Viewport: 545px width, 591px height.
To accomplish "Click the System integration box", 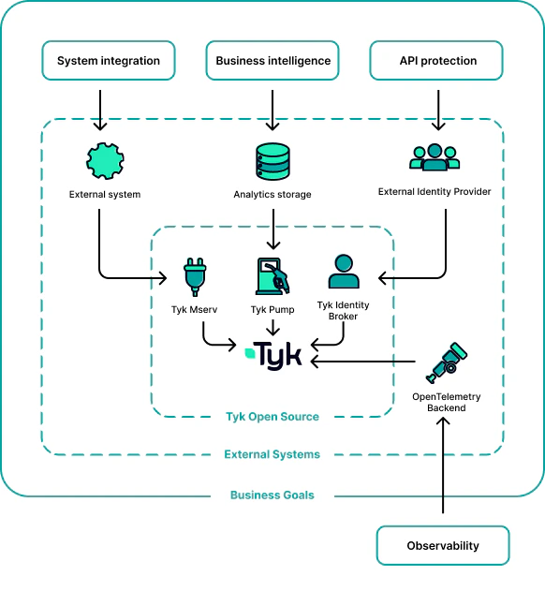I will (x=109, y=61).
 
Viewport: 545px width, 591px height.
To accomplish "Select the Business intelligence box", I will (x=272, y=61).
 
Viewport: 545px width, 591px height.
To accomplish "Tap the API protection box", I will (x=436, y=61).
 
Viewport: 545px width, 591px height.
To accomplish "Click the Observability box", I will (x=443, y=545).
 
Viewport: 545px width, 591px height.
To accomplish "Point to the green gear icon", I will (x=105, y=161).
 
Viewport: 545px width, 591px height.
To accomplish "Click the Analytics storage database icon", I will (x=272, y=161).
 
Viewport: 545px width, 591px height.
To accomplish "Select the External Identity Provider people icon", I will (x=435, y=157).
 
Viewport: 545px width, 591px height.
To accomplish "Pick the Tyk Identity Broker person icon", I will (x=343, y=271).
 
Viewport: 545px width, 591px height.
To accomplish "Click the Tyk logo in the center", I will (x=272, y=355).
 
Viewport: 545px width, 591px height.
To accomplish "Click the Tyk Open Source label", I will (x=272, y=417).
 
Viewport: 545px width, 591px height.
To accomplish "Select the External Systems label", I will (x=272, y=454).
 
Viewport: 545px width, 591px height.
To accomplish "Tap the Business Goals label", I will (x=272, y=495).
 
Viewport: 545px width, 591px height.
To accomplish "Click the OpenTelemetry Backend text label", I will (x=447, y=403).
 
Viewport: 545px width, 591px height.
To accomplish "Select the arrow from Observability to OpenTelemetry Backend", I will (x=443, y=468).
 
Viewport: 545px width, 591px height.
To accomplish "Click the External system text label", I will (x=105, y=195).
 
